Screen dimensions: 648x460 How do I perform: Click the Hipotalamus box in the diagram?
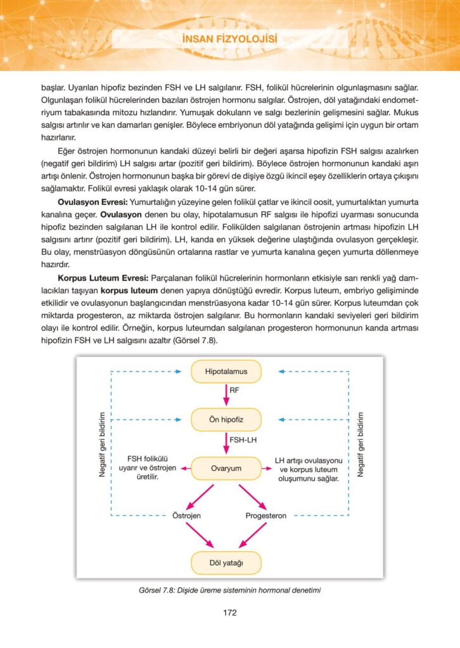(x=226, y=371)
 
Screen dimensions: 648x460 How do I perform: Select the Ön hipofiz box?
(x=226, y=419)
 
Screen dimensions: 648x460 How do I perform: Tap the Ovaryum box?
(x=226, y=468)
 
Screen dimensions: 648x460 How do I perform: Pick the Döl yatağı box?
(x=226, y=561)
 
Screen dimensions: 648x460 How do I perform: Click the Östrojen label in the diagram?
(x=188, y=516)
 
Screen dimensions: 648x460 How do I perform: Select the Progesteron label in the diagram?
(x=265, y=516)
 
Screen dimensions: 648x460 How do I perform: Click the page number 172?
(x=230, y=612)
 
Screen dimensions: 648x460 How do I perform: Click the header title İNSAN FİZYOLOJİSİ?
(x=230, y=40)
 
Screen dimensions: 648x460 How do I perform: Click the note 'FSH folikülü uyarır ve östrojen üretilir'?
(x=151, y=468)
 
